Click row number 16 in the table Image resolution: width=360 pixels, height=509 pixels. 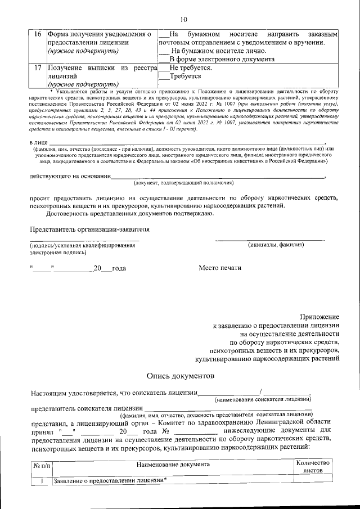(x=38, y=35)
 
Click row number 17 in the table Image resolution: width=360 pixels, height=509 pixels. (x=38, y=67)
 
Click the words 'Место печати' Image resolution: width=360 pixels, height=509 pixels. (x=220, y=268)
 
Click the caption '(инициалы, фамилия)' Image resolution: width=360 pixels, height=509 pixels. (x=276, y=245)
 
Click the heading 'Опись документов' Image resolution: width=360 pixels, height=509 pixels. (x=180, y=375)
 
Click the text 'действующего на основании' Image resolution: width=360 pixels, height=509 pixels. (x=70, y=176)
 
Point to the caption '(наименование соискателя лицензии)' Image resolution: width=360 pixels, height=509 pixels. (x=264, y=399)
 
